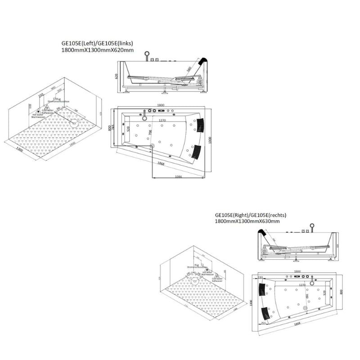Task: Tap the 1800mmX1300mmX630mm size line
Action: [247, 221]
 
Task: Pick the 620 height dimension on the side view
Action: [117, 77]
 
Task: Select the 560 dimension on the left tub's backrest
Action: [189, 69]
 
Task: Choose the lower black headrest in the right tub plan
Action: [269, 310]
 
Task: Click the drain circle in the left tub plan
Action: [152, 146]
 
